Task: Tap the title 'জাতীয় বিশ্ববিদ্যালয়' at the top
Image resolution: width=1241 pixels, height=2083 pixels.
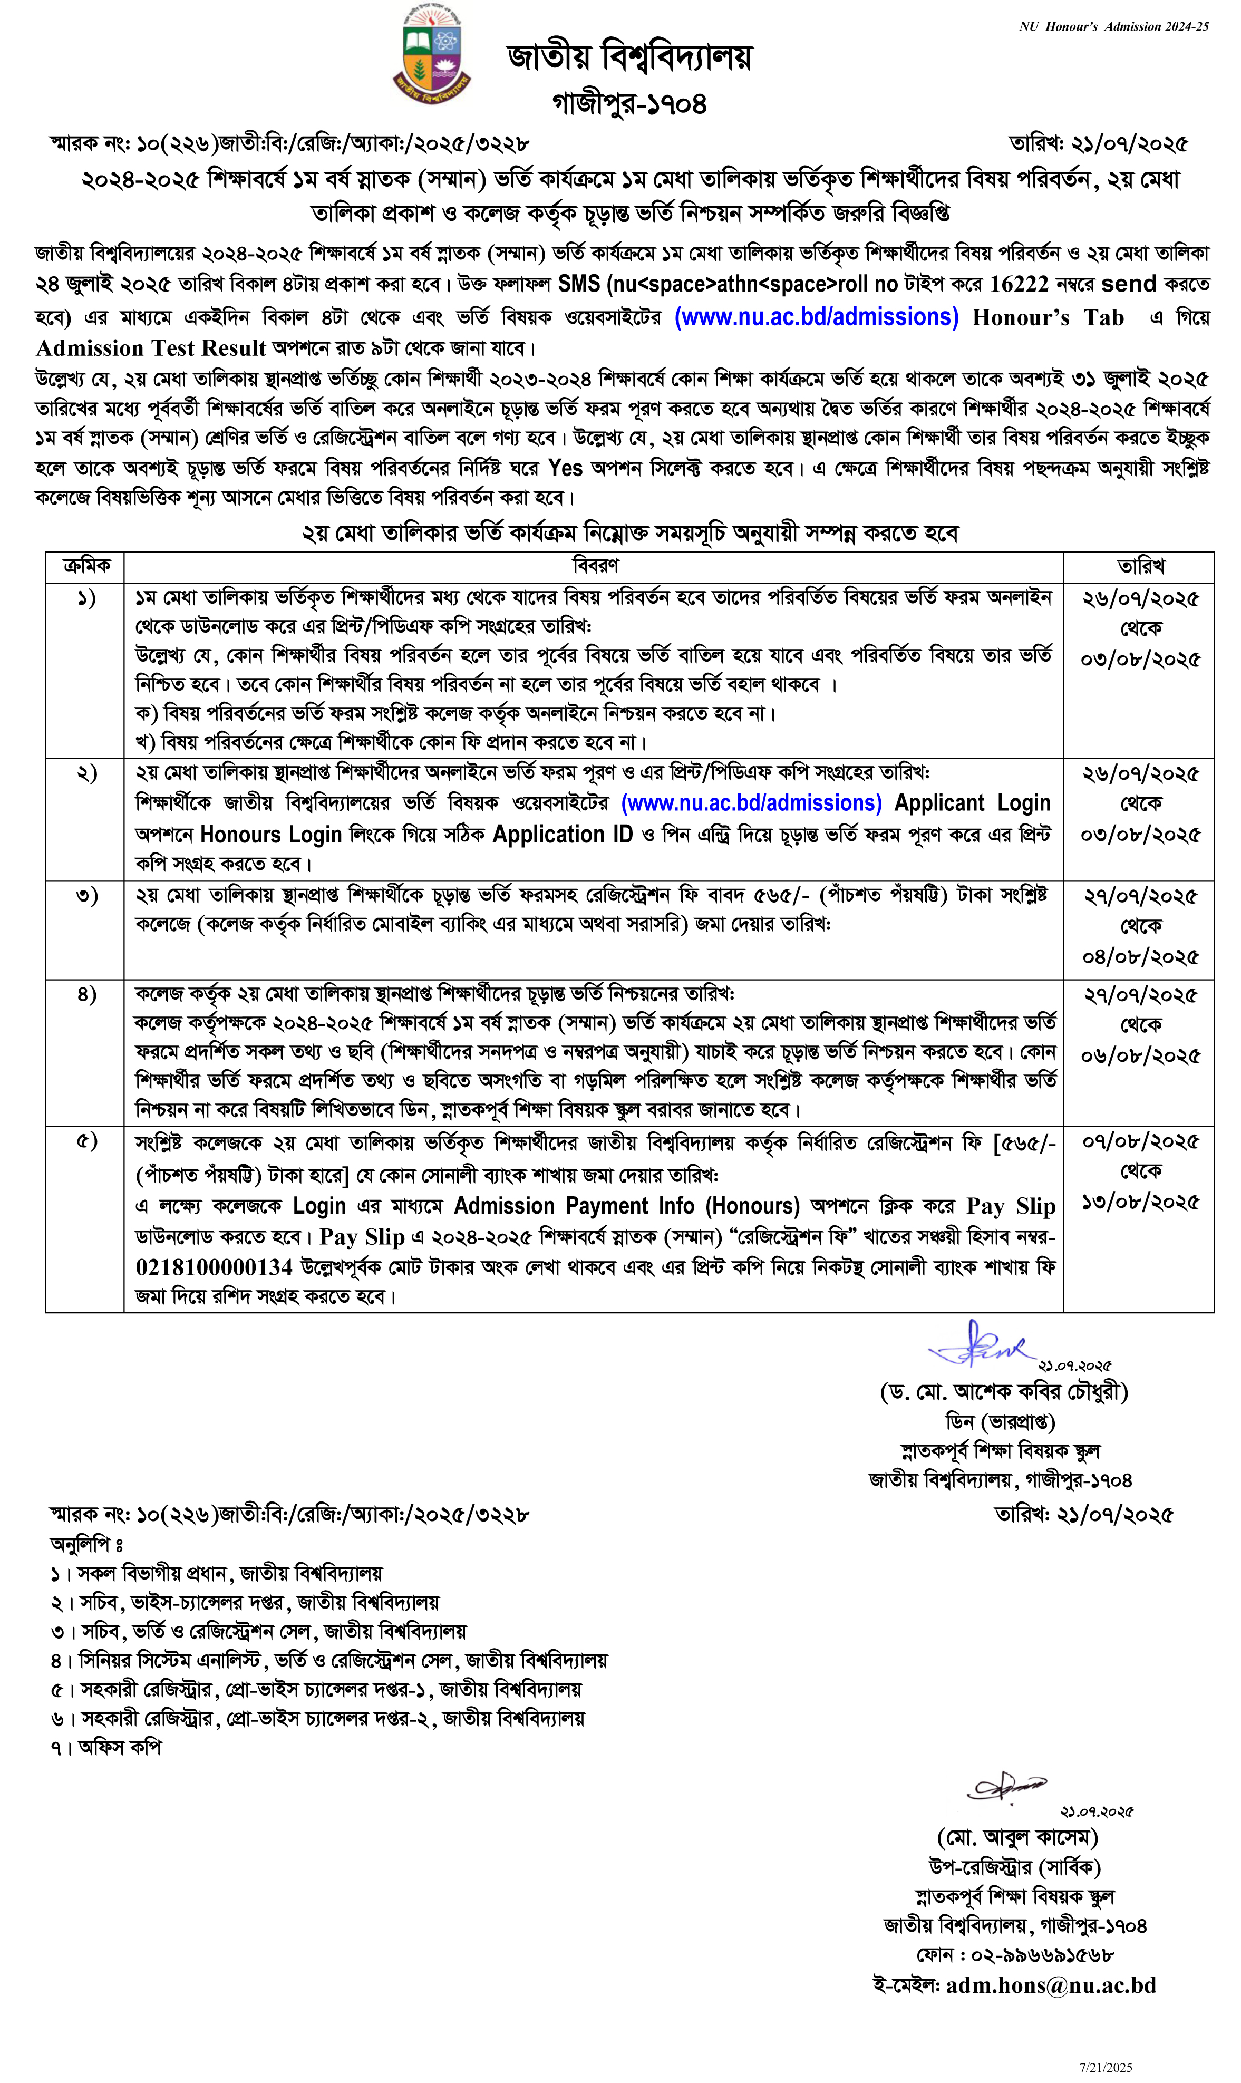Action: point(629,57)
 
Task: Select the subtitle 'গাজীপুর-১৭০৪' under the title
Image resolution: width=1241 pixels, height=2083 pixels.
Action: point(629,104)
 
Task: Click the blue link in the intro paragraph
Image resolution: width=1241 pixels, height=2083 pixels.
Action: point(816,317)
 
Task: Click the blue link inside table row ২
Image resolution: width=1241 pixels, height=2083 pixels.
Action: point(751,803)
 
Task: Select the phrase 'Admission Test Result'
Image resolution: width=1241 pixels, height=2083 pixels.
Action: point(151,348)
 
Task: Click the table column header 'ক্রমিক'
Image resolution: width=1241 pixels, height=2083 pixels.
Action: point(86,566)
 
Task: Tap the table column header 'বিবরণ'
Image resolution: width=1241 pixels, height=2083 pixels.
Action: point(595,566)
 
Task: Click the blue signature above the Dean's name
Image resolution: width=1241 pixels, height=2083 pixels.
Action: point(978,1344)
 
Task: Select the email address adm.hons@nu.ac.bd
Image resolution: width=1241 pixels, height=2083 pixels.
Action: point(1050,1985)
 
